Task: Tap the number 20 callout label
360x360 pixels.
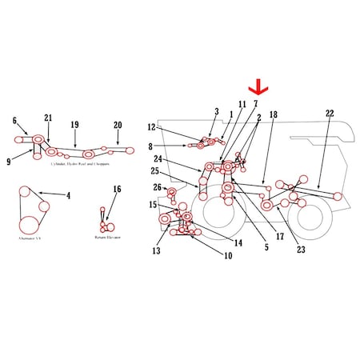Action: pos(118,125)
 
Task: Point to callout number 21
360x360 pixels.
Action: pos(48,118)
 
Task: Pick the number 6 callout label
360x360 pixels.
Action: pos(14,121)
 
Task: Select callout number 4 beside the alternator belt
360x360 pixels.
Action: pos(68,194)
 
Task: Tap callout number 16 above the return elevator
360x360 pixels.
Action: pos(118,190)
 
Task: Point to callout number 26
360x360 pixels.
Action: pos(158,188)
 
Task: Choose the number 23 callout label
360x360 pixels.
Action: pos(301,249)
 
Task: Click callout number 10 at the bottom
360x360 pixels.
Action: pos(228,257)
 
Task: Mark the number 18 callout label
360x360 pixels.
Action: pos(273,116)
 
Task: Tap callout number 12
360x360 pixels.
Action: pos(151,127)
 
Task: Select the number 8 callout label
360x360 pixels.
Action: pos(150,146)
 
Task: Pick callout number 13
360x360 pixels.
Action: pos(156,250)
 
